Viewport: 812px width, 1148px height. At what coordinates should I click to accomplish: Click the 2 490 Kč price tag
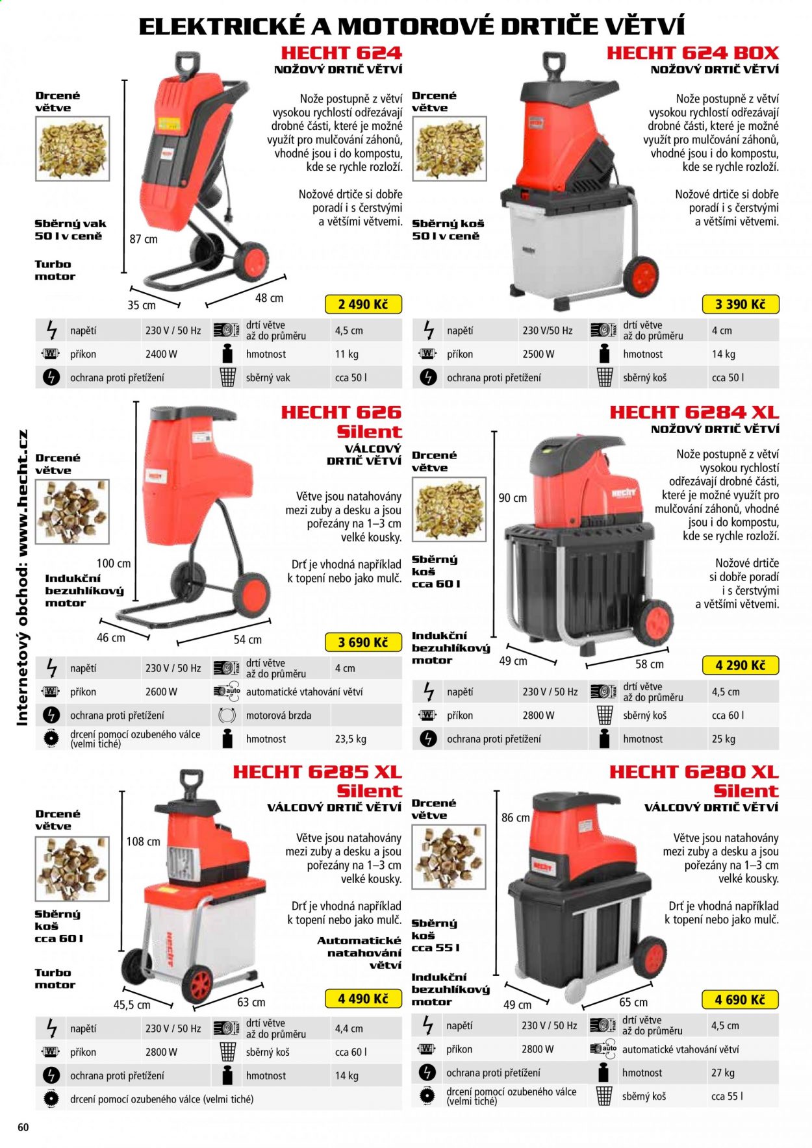coord(363,304)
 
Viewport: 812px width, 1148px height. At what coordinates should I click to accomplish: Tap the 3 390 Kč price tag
coord(740,304)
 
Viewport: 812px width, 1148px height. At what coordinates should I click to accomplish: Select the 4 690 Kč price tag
coord(740,999)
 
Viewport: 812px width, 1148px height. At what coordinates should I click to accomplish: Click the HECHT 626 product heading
coord(341,412)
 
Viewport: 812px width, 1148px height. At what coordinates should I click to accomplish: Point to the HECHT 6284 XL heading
coord(694,412)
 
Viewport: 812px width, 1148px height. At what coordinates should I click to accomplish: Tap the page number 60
coord(23,1127)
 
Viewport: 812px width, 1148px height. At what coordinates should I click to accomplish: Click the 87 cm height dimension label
coord(144,239)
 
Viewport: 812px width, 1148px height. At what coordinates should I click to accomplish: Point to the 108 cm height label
coord(143,842)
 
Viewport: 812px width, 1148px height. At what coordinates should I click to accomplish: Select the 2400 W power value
coord(161,354)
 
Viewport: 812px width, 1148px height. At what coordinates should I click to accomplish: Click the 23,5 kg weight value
coord(351,739)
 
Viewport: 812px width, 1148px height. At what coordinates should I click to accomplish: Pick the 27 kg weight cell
coord(723,1073)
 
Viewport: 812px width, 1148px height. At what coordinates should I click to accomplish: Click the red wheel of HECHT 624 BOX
coord(641,276)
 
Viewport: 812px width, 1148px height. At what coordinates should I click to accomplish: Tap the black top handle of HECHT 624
coord(187,65)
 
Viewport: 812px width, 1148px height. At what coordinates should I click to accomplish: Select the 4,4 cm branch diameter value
coord(349,1029)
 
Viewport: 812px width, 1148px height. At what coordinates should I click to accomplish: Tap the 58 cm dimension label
coord(650,664)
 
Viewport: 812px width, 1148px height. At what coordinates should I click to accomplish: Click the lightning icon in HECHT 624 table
coord(52,331)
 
